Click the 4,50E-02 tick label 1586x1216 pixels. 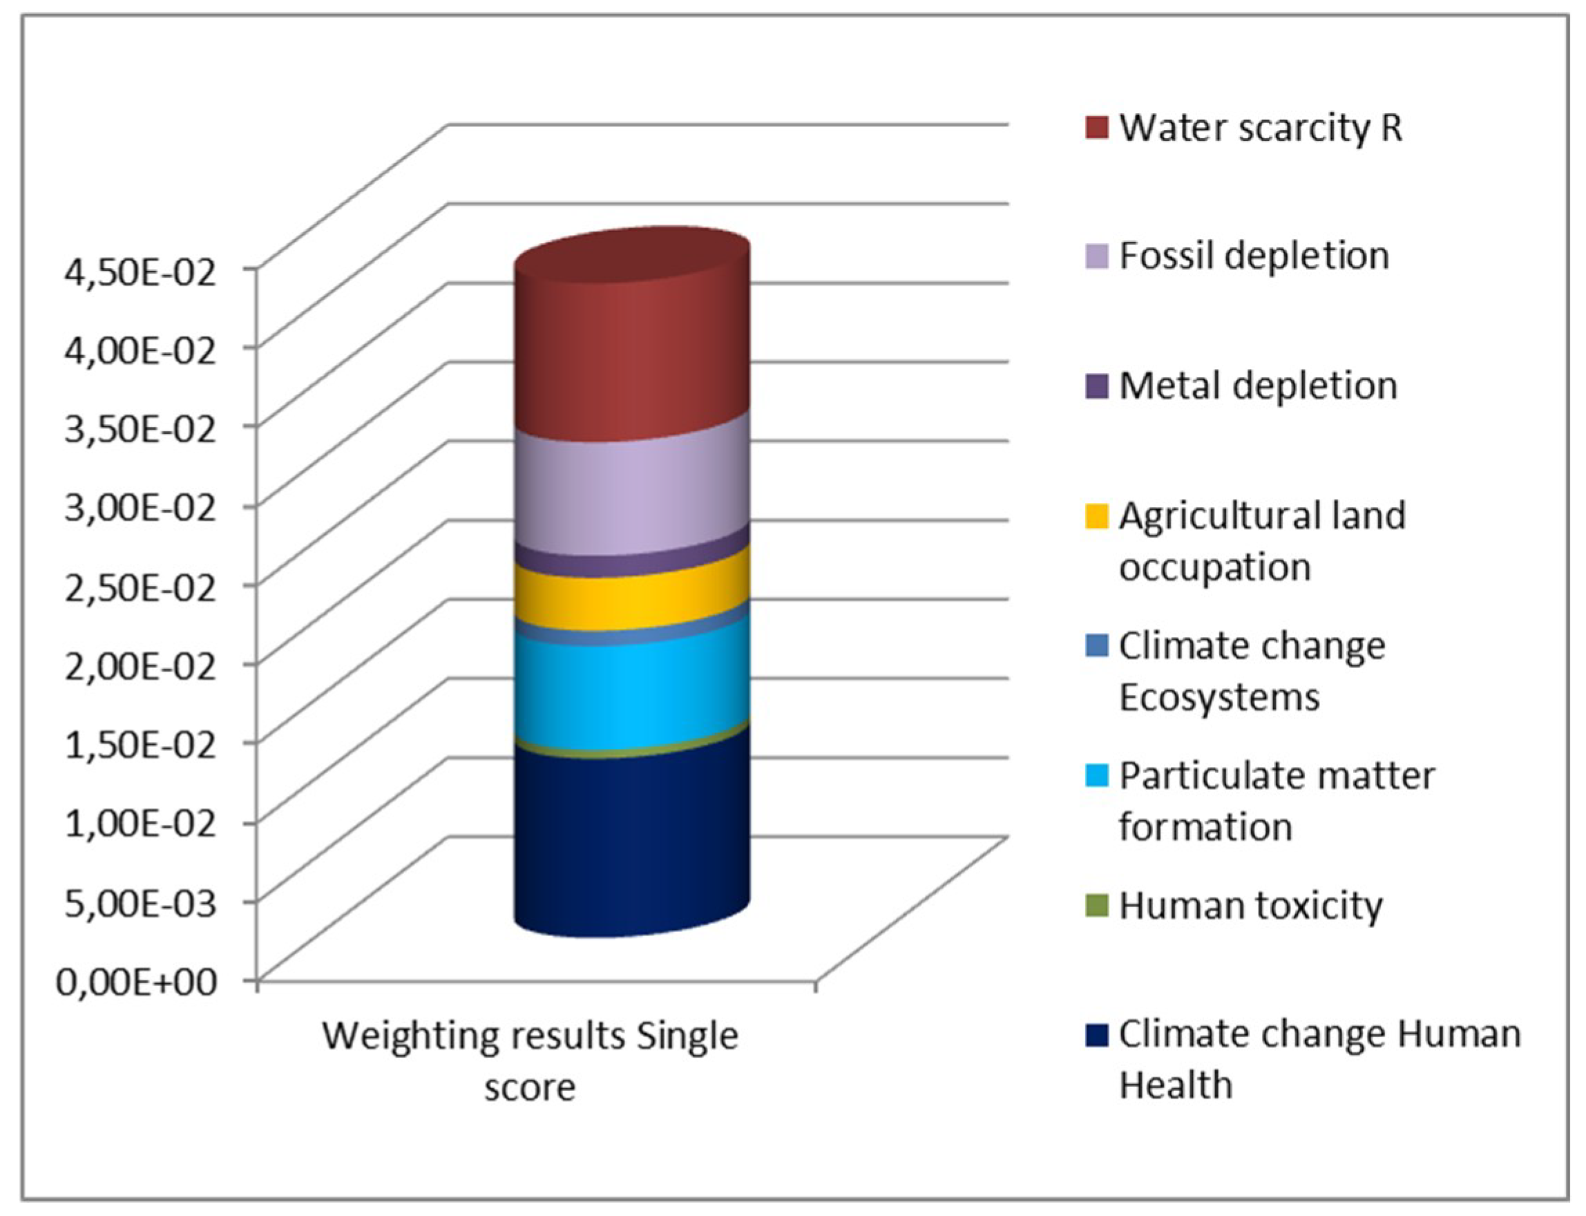(x=140, y=274)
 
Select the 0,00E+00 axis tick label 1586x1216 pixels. (x=137, y=982)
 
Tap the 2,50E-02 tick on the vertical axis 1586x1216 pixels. (x=140, y=589)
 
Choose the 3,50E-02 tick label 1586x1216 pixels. (x=140, y=431)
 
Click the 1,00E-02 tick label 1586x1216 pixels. (x=140, y=825)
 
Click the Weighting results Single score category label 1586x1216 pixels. (x=531, y=1061)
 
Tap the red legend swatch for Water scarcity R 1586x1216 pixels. (x=1097, y=127)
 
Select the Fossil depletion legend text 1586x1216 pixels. (x=1254, y=256)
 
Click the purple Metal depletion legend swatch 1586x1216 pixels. (x=1097, y=386)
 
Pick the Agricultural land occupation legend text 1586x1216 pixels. (x=1262, y=542)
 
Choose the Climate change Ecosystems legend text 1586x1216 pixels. (x=1252, y=671)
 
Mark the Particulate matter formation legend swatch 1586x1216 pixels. (x=1097, y=777)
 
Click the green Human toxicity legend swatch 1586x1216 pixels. (x=1097, y=906)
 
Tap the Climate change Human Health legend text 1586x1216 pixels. (x=1318, y=1060)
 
